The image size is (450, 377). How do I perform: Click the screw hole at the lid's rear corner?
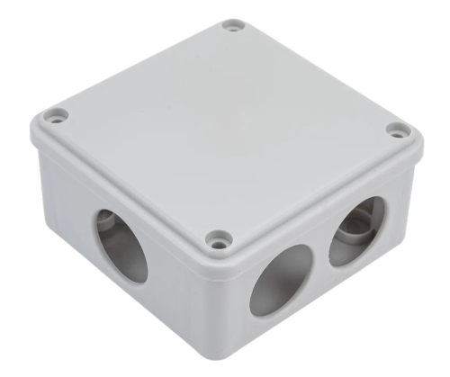pyautogui.click(x=233, y=27)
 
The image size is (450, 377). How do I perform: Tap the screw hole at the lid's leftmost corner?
pyautogui.click(x=55, y=115)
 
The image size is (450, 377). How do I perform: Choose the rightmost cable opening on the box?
pyautogui.click(x=356, y=230)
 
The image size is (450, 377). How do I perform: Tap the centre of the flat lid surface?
pyautogui.click(x=225, y=126)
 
